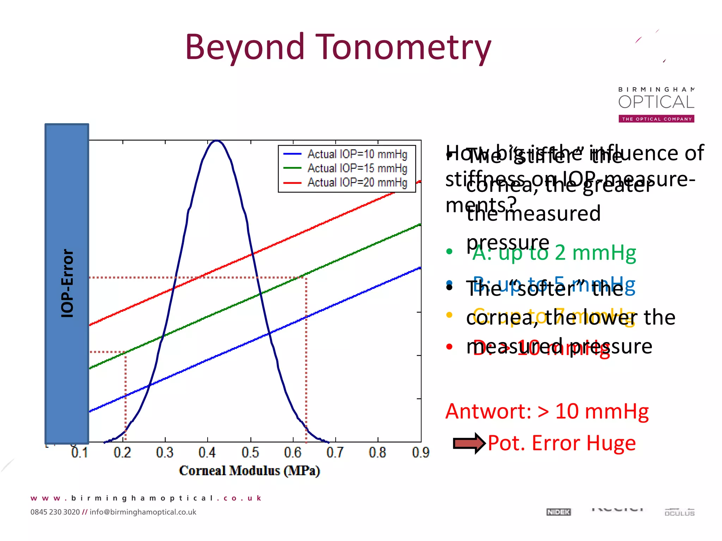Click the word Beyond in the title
pyautogui.click(x=245, y=48)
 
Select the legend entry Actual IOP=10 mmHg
pyautogui.click(x=357, y=154)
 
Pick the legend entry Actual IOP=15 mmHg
pyautogui.click(x=357, y=168)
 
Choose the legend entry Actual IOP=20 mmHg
pyautogui.click(x=357, y=182)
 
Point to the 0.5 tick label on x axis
pyautogui.click(x=250, y=453)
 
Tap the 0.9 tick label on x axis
pyautogui.click(x=420, y=453)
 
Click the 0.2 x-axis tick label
pyautogui.click(x=122, y=453)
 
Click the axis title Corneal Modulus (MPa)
pyautogui.click(x=249, y=471)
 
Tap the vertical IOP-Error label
pyautogui.click(x=67, y=284)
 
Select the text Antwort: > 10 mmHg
pyautogui.click(x=547, y=411)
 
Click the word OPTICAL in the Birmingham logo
pyautogui.click(x=656, y=102)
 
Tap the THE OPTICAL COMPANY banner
pyautogui.click(x=656, y=119)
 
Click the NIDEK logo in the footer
pyautogui.click(x=558, y=512)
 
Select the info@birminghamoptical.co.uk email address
pyautogui.click(x=143, y=512)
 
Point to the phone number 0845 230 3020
pyautogui.click(x=55, y=512)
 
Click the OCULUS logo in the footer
pyautogui.click(x=679, y=513)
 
